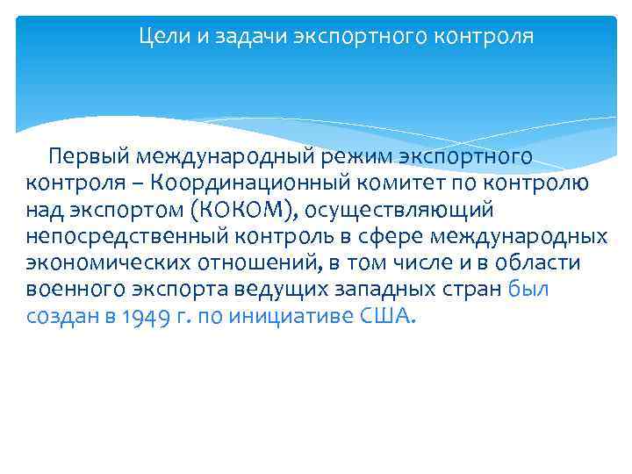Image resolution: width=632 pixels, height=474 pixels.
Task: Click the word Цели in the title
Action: tap(160, 38)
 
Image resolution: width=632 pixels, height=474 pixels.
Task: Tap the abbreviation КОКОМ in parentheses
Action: tap(243, 210)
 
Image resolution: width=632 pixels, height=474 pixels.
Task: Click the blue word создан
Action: tap(58, 315)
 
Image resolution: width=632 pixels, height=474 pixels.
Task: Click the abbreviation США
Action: tap(384, 315)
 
